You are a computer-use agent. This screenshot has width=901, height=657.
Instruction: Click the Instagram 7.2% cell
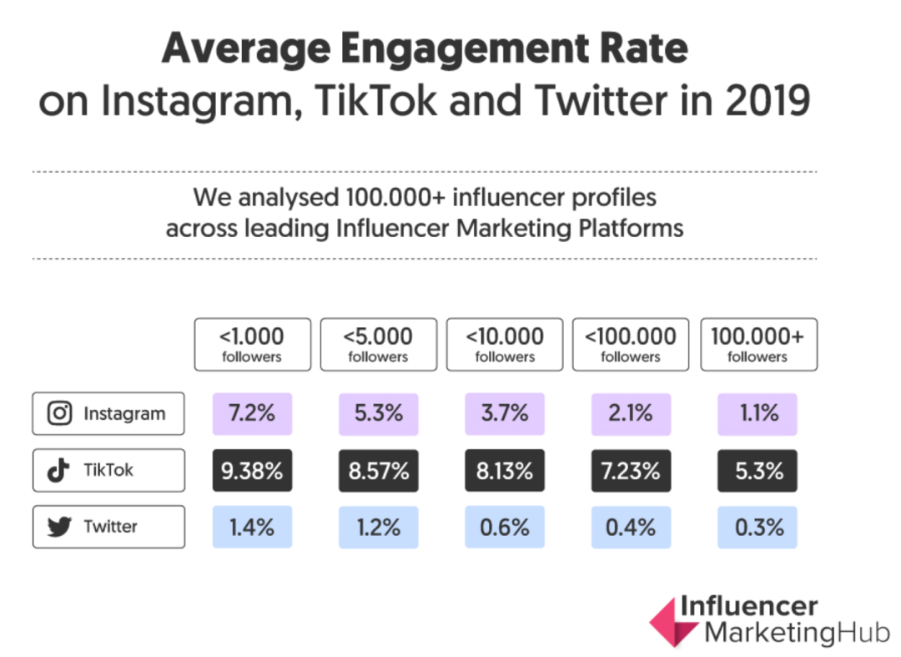click(252, 414)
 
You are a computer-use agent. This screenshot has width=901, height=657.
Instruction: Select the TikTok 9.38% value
click(252, 471)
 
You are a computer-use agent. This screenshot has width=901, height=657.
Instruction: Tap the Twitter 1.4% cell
click(252, 527)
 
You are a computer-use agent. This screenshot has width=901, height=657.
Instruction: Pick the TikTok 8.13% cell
click(505, 471)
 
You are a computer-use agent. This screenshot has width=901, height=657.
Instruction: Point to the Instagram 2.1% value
click(631, 414)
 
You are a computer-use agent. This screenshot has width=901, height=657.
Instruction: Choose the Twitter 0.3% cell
click(758, 527)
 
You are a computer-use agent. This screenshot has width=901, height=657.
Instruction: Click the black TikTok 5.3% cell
click(758, 471)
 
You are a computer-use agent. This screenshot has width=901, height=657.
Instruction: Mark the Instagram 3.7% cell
click(505, 414)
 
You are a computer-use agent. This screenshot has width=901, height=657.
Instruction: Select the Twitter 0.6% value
click(505, 527)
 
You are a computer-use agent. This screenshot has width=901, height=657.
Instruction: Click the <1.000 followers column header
click(252, 344)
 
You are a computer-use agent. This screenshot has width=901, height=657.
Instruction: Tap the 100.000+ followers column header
click(758, 344)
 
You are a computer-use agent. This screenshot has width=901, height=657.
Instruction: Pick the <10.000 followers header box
click(505, 344)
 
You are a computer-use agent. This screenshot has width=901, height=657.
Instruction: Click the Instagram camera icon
click(59, 413)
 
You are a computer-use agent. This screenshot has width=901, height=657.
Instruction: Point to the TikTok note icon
click(58, 470)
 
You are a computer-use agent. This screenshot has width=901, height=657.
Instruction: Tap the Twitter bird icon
click(58, 527)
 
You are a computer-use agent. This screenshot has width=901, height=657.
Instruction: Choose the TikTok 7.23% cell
click(631, 471)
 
